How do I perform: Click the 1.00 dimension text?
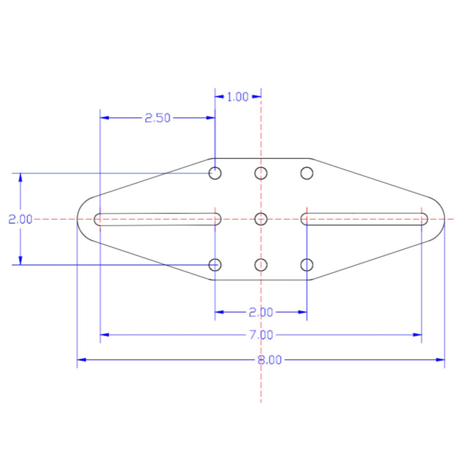(237, 97)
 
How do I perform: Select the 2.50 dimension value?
(158, 118)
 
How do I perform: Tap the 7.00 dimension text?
(261, 334)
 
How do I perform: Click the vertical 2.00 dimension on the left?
(20, 219)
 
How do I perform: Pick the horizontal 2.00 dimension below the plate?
(261, 313)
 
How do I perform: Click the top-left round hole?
(215, 173)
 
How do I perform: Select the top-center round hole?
(261, 173)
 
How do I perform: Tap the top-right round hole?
(307, 173)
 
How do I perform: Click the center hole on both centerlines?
(261, 219)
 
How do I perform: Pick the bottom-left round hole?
(215, 265)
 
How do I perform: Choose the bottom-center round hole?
(261, 265)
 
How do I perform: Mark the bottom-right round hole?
(307, 265)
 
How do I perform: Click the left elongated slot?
(158, 219)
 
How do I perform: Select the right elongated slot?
(364, 219)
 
